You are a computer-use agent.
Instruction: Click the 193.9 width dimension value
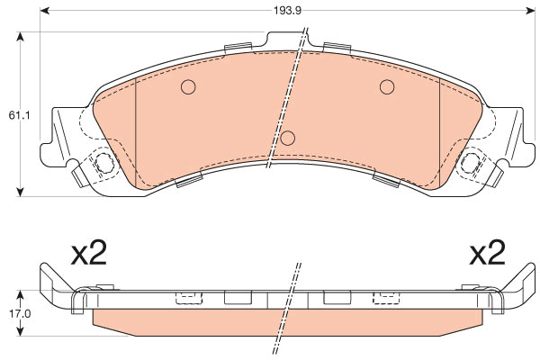pyautogui.click(x=288, y=11)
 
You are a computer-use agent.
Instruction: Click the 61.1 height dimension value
pyautogui.click(x=19, y=115)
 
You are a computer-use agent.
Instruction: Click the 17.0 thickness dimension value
pyautogui.click(x=21, y=313)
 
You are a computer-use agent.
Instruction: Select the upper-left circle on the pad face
pyautogui.click(x=188, y=86)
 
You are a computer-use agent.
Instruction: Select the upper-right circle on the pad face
pyautogui.click(x=387, y=86)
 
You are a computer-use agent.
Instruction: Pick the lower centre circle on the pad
pyautogui.click(x=288, y=138)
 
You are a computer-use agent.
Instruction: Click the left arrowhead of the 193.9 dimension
pyautogui.click(x=45, y=11)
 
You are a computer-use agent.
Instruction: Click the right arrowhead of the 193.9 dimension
pyautogui.click(x=530, y=11)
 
